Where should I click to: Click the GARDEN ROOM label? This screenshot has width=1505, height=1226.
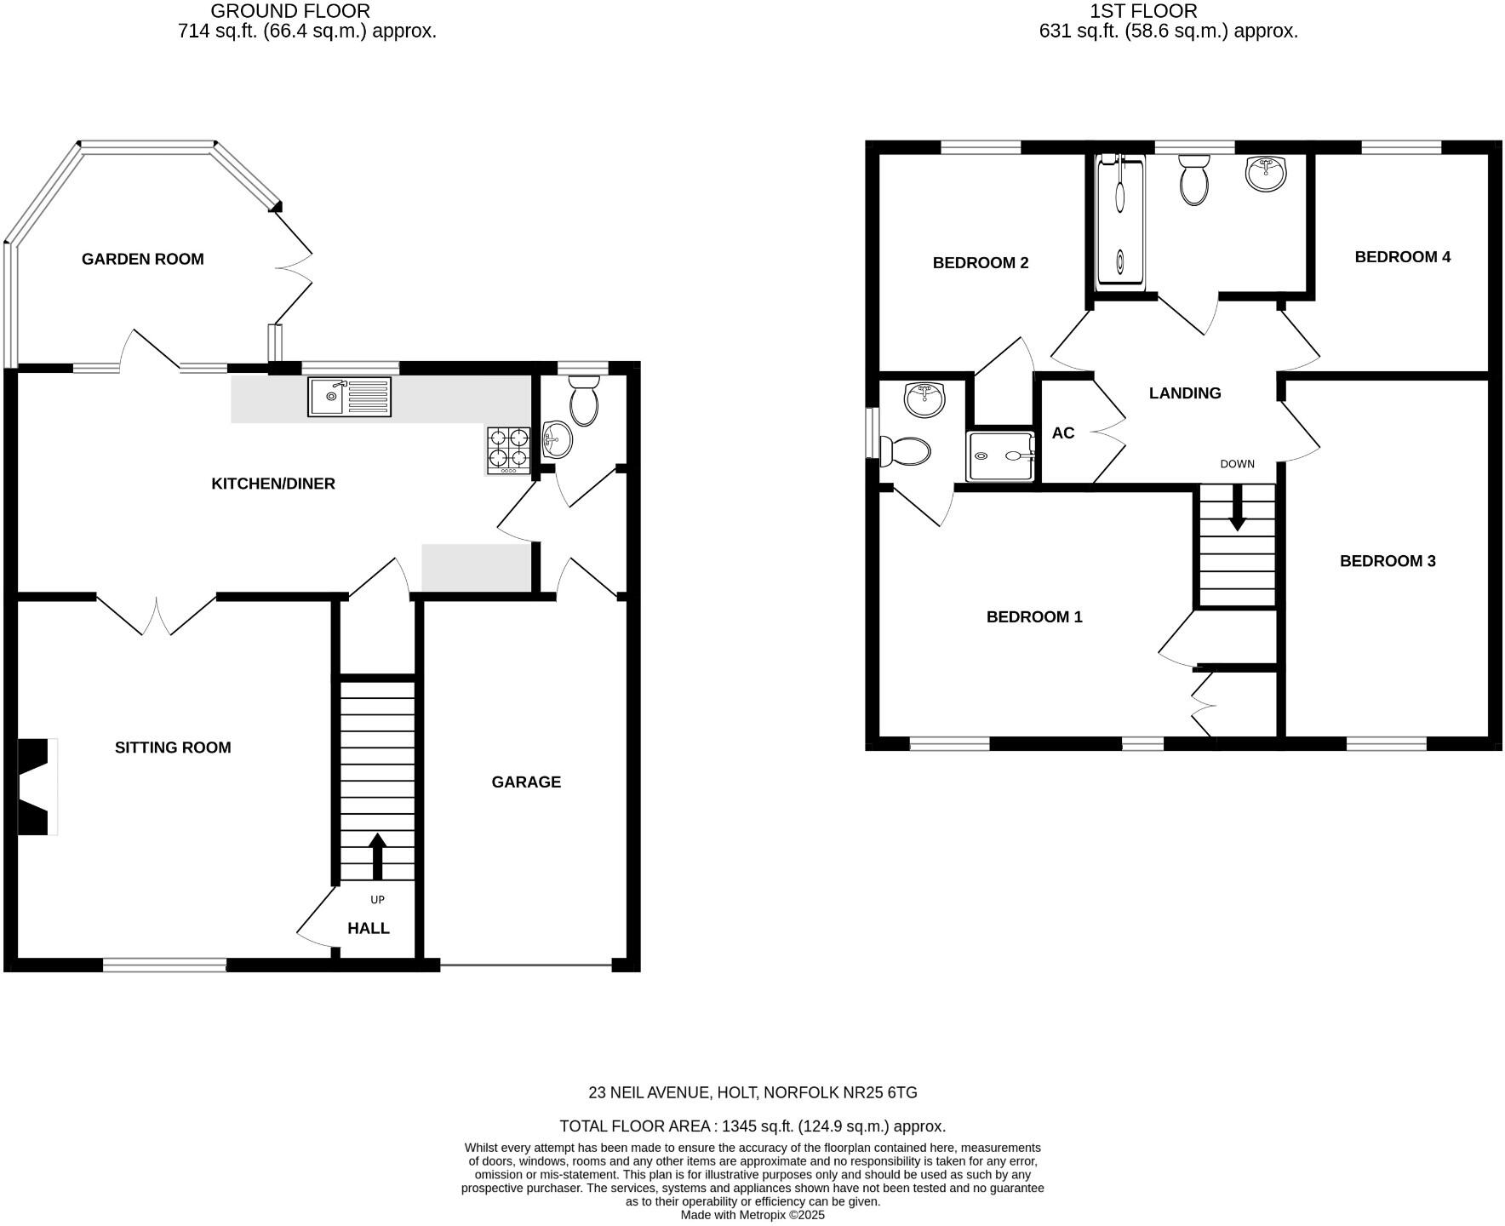(142, 259)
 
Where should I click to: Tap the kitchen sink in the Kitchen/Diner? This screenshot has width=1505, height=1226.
(350, 398)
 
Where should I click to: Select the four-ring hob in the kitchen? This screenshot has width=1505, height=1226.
(508, 450)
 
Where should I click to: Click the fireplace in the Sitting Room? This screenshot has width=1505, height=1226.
(36, 787)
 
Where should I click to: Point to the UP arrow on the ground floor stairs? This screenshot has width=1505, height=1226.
(377, 856)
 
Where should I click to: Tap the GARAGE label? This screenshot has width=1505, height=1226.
(526, 782)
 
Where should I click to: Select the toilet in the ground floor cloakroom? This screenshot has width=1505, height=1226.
(585, 403)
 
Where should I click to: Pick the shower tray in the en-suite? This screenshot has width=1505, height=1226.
(1001, 456)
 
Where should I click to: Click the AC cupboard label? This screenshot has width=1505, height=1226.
(1063, 433)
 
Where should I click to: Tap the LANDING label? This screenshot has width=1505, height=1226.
(1185, 393)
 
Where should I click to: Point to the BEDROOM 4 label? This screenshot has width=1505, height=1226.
(1402, 257)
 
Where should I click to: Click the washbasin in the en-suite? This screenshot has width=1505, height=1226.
(924, 399)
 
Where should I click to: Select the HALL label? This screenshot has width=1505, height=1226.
(368, 928)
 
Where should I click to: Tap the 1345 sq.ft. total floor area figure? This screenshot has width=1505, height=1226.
(754, 1126)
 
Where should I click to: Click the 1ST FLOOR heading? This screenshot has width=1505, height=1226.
(1143, 11)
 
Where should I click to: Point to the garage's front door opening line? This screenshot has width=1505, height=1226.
(525, 965)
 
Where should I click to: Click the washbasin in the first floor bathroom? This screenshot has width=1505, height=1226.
(1266, 174)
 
